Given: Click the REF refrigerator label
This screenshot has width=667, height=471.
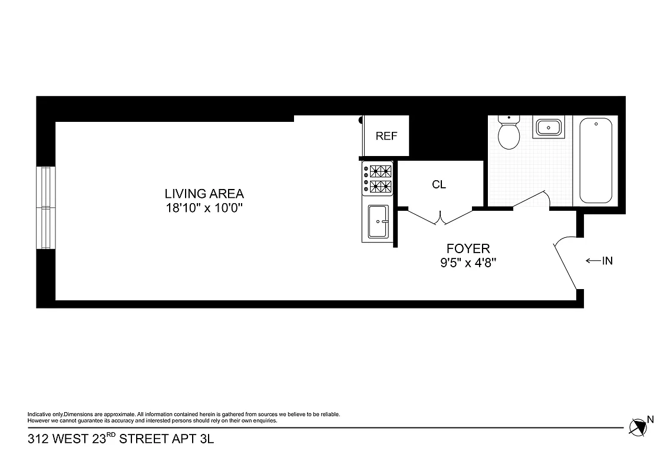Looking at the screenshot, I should pos(387,136).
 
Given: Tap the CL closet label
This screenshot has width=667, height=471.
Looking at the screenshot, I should pos(439,184).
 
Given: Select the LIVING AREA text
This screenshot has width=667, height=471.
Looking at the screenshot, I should pos(204,193).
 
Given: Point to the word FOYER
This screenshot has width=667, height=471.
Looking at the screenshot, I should pos(468,249).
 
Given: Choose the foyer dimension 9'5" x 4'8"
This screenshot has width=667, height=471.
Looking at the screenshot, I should pos(468,263).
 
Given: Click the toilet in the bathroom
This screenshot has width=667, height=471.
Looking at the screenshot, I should pos(508,132).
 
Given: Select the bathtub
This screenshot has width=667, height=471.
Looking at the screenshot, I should pos(596,160).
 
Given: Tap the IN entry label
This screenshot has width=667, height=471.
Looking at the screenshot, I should pos(607,260).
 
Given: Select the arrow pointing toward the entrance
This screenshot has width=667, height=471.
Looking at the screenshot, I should pos(592,260).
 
